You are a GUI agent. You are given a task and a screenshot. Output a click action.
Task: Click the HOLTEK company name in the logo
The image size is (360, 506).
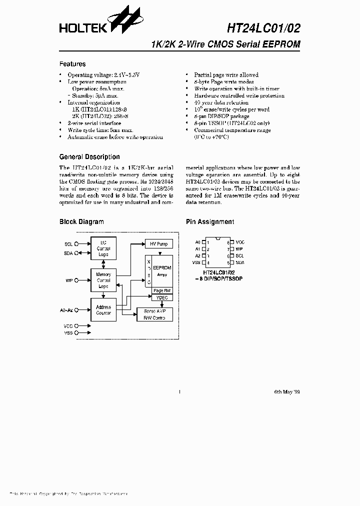click(81, 28)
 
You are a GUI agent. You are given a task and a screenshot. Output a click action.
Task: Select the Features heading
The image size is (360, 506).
click(72, 64)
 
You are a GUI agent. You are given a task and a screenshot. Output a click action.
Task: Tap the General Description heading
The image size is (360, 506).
click(89, 156)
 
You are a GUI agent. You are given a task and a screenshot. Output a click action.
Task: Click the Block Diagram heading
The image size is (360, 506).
click(81, 221)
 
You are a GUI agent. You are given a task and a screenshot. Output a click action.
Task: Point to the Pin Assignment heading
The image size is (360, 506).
click(209, 221)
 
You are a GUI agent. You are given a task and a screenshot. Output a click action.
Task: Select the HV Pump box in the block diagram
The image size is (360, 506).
click(159, 244)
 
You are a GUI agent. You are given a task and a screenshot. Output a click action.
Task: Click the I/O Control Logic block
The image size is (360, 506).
click(103, 248)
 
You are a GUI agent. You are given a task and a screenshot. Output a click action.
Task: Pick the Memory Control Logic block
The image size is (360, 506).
click(103, 280)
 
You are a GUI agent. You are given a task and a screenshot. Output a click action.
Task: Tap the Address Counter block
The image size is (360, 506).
click(103, 310)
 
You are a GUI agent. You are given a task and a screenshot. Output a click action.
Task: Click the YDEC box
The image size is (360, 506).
click(161, 297)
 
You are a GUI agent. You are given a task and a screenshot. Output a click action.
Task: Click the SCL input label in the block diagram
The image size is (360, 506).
click(68, 244)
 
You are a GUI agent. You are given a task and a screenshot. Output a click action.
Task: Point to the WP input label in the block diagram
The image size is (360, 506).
click(69, 281)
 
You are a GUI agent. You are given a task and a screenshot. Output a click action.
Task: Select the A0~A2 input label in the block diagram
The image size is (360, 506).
click(66, 310)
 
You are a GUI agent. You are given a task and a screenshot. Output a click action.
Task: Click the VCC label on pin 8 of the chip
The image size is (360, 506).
click(240, 242)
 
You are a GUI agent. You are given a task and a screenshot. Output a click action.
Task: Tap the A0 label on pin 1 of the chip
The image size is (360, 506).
click(197, 242)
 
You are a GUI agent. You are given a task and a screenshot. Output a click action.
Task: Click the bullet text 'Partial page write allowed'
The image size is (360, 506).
click(226, 74)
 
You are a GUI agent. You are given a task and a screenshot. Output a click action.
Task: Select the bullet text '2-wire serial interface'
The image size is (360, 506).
click(94, 123)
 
